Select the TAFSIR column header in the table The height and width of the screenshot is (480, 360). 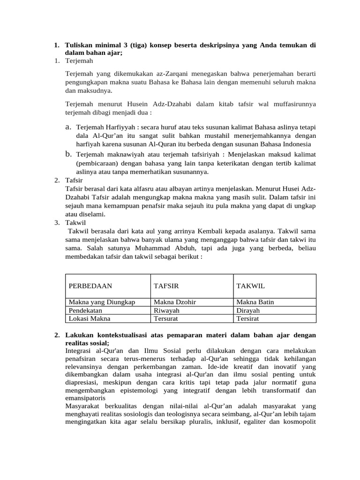166,286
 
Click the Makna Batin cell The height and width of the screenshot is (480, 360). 255,302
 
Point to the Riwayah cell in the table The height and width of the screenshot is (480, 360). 167,310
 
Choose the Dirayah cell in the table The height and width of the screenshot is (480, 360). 248,310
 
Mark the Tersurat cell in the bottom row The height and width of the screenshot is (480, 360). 166,319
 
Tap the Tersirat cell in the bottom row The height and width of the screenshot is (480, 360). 247,319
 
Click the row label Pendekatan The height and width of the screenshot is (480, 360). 86,310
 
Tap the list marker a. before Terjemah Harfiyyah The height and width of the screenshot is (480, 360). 68,127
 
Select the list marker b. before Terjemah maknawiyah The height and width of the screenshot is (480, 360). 68,154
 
